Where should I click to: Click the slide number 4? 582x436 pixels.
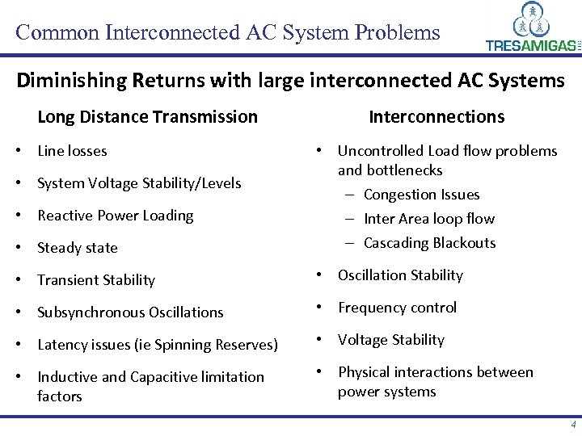click(x=573, y=425)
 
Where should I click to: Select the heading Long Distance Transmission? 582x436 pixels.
click(x=147, y=117)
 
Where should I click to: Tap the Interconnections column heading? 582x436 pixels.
click(x=436, y=117)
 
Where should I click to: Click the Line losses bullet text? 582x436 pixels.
click(x=72, y=151)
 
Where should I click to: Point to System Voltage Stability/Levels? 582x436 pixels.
click(x=139, y=183)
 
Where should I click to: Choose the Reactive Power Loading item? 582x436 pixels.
click(x=116, y=216)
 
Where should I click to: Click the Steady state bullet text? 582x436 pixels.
click(x=78, y=248)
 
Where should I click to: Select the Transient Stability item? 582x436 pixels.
click(x=96, y=280)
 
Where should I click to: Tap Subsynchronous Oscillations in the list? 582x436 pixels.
click(x=130, y=312)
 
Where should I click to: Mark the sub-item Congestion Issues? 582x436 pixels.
click(x=421, y=195)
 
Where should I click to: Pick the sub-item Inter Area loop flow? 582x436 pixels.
click(x=428, y=219)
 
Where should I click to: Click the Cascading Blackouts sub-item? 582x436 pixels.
click(x=429, y=243)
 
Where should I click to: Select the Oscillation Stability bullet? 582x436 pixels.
click(x=400, y=275)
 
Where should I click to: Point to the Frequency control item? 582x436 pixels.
click(x=397, y=308)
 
